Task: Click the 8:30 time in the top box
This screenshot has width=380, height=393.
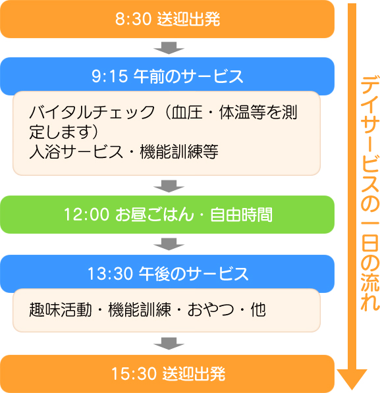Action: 133,19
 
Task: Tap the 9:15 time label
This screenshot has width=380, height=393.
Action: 109,76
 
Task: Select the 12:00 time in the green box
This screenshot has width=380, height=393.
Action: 87,215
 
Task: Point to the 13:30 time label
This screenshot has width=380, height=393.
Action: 110,273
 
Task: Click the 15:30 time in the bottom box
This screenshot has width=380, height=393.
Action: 134,374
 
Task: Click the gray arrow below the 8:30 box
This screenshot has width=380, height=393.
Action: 169,47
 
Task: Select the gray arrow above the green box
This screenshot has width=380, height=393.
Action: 169,186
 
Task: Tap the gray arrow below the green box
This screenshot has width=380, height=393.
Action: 169,244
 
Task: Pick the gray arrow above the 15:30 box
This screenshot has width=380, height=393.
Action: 169,344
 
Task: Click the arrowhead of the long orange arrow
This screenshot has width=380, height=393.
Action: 352,379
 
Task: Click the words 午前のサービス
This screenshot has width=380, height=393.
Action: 188,76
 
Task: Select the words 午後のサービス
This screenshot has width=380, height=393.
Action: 194,274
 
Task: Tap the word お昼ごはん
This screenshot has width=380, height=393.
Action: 155,215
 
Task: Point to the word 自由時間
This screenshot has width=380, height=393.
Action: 241,215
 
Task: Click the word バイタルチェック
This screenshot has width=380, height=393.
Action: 92,112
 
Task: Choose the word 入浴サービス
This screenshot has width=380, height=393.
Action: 76,151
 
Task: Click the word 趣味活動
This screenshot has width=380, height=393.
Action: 61,309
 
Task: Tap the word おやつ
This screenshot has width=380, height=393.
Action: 211,309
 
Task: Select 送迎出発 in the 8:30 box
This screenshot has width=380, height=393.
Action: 188,19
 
